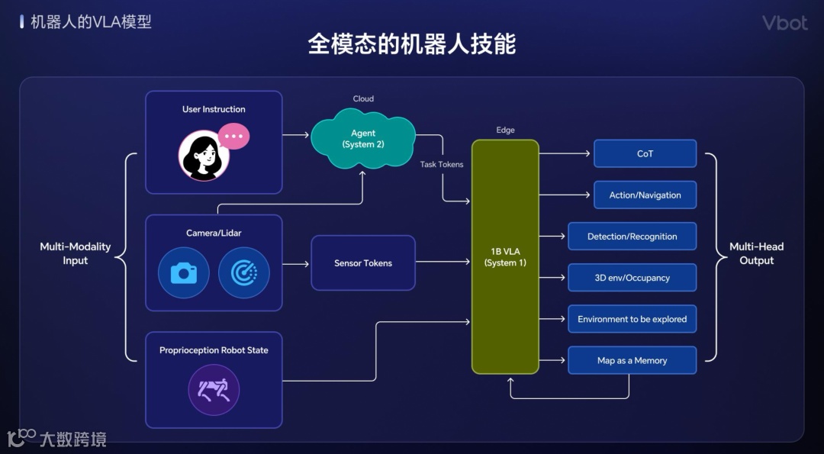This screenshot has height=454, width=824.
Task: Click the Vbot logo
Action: coord(784,23)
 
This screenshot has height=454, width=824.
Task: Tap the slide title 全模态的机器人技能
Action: coord(412,43)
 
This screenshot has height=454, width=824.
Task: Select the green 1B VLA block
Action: coord(505,256)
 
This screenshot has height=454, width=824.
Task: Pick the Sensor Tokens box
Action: coord(363,263)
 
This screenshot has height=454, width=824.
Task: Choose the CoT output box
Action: coord(645,153)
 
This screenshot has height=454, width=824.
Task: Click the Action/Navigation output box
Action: coord(645,195)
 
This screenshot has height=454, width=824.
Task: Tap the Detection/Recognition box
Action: coord(632,237)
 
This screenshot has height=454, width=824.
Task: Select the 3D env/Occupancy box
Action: coord(632,278)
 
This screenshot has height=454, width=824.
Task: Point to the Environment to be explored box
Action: coord(632,319)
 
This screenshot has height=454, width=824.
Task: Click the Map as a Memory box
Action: coord(632,360)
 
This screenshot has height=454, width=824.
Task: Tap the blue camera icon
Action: coord(184,272)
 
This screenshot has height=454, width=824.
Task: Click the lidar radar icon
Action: coord(243,272)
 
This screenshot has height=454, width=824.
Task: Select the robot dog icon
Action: coord(214,391)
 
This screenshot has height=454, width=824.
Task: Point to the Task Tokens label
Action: coord(442,164)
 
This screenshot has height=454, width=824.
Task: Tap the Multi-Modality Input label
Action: coord(76,253)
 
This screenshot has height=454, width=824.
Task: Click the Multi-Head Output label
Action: coord(756,253)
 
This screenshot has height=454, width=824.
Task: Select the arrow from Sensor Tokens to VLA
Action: coord(443,262)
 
